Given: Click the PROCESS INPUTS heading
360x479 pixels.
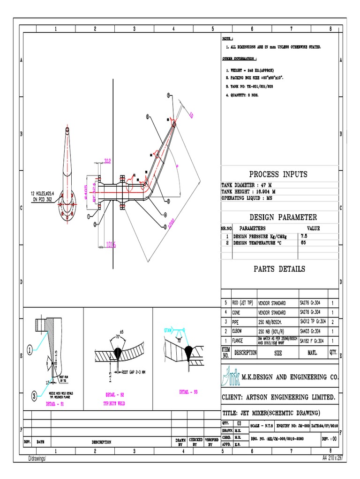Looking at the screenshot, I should pyautogui.click(x=278, y=174).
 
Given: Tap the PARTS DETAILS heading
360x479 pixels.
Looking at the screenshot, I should pyautogui.click(x=279, y=269).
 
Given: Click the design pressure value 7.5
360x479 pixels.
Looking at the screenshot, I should pyautogui.click(x=304, y=237).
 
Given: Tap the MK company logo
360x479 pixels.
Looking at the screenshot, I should pyautogui.click(x=229, y=376).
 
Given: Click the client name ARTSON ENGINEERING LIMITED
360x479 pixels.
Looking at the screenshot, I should pyautogui.click(x=278, y=398).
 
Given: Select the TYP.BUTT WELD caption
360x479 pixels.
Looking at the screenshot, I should pyautogui.click(x=114, y=402).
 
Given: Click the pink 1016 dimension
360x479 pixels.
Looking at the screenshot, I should pyautogui.click(x=110, y=244).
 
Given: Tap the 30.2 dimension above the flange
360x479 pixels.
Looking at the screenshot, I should pyautogui.click(x=107, y=161).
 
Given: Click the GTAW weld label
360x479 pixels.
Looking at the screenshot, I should pyautogui.click(x=169, y=330).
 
